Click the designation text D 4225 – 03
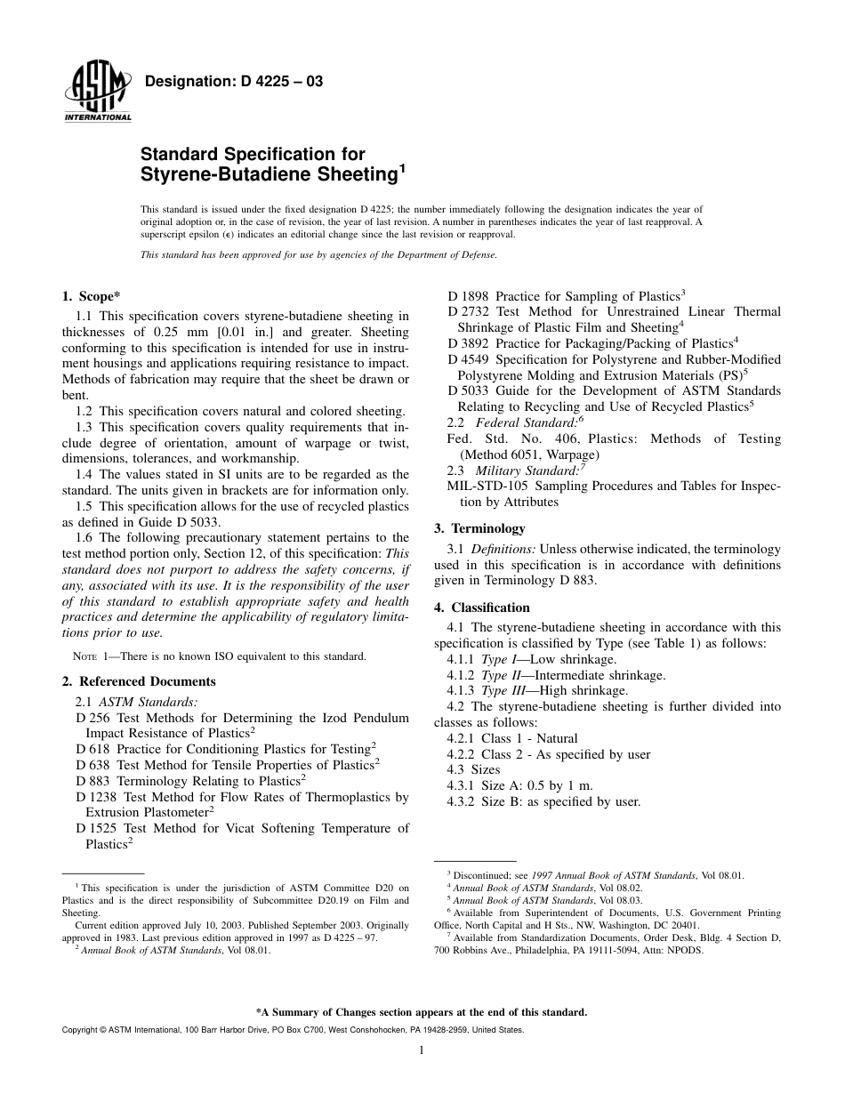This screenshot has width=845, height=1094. pyautogui.click(x=233, y=82)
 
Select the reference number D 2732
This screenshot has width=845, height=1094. pyautogui.click(x=467, y=311)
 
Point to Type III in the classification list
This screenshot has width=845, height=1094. pyautogui.click(x=501, y=690)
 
